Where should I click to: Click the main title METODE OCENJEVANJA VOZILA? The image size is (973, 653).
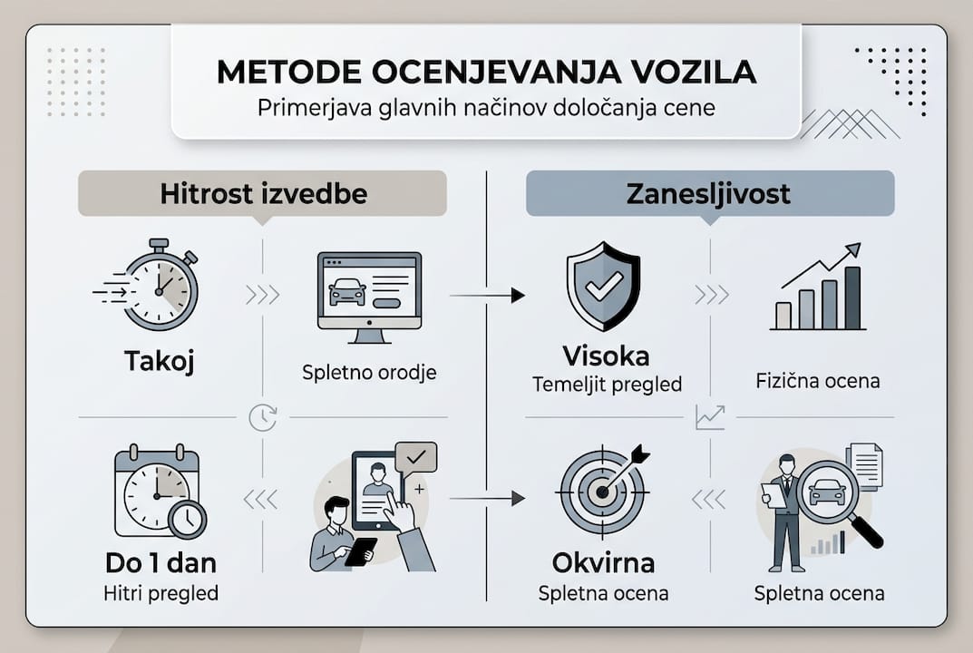[x=486, y=72]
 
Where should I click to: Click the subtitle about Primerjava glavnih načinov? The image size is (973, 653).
[x=486, y=107]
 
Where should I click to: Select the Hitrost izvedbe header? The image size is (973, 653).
[x=263, y=193]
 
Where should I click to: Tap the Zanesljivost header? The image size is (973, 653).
[x=709, y=193]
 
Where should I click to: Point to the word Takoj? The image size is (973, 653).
[x=160, y=361]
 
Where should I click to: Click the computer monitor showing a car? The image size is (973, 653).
[x=369, y=296]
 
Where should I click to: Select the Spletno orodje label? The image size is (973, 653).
[x=369, y=372]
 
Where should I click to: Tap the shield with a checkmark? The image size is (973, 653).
[x=603, y=286]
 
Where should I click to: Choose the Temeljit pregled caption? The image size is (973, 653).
[x=607, y=384]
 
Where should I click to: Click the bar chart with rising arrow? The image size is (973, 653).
[x=820, y=288]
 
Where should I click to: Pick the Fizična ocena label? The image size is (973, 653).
[x=818, y=380]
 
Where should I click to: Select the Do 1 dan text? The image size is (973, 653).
[x=161, y=563]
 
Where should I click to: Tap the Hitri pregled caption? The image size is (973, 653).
[x=161, y=593]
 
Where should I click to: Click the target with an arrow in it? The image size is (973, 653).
[x=604, y=490]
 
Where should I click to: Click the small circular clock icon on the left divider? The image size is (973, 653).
[x=262, y=417]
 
